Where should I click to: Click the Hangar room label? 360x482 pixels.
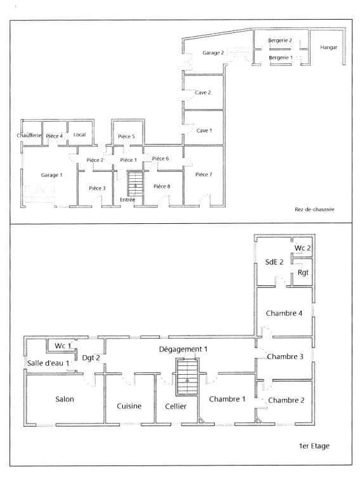pyautogui.click(x=329, y=48)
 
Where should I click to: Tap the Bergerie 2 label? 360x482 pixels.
pyautogui.click(x=280, y=40)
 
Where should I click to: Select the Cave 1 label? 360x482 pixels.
pyautogui.click(x=204, y=131)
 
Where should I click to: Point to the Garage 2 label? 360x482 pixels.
pyautogui.click(x=213, y=53)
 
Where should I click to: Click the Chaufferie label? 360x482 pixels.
pyautogui.click(x=29, y=135)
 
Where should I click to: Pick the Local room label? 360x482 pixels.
pyautogui.click(x=80, y=134)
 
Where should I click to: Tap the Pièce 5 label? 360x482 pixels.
pyautogui.click(x=127, y=136)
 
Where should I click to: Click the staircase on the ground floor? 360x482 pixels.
pyautogui.click(x=136, y=183)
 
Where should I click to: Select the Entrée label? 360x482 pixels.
pyautogui.click(x=127, y=200)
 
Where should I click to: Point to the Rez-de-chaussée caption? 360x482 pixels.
pyautogui.click(x=314, y=209)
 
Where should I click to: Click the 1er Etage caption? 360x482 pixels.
pyautogui.click(x=314, y=446)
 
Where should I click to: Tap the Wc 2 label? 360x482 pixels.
pyautogui.click(x=302, y=248)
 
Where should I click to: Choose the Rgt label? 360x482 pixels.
pyautogui.click(x=303, y=273)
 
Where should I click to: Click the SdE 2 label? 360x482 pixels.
pyautogui.click(x=274, y=262)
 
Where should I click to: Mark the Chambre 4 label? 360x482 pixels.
pyautogui.click(x=284, y=313)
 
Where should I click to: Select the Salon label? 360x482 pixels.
pyautogui.click(x=65, y=400)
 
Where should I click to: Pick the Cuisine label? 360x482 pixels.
pyautogui.click(x=129, y=406)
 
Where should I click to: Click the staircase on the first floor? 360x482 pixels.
pyautogui.click(x=187, y=377)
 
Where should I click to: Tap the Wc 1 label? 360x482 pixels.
pyautogui.click(x=63, y=346)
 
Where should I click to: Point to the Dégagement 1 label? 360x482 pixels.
pyautogui.click(x=183, y=349)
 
